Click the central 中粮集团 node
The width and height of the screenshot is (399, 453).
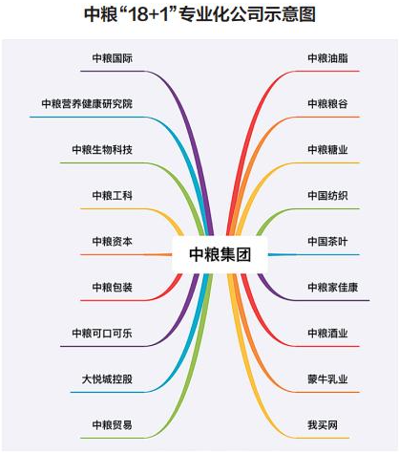tap(220, 254)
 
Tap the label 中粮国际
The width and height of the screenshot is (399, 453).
tap(113, 58)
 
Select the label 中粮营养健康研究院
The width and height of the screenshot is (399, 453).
tap(87, 104)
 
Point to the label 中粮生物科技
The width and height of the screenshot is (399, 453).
tap(102, 149)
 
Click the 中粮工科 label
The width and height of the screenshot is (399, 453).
tap(113, 195)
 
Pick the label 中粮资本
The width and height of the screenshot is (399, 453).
tap(113, 241)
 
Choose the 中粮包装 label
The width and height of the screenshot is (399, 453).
tap(113, 287)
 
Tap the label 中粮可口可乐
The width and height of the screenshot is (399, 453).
tap(102, 333)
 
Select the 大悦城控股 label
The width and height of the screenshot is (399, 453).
tap(107, 378)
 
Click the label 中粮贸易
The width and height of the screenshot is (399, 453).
tap(113, 424)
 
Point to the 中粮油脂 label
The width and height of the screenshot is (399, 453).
tap(327, 58)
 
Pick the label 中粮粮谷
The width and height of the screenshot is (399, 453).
tap(327, 104)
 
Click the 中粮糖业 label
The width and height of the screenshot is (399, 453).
tap(327, 149)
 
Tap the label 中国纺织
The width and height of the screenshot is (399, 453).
tap(327, 195)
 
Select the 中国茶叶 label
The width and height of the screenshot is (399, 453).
tap(327, 241)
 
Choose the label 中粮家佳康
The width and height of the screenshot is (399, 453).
tap(333, 287)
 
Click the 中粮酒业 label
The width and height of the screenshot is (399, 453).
tap(327, 333)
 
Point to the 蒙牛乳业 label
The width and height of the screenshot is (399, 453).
tap(327, 378)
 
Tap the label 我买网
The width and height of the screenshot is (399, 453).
tap(323, 424)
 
